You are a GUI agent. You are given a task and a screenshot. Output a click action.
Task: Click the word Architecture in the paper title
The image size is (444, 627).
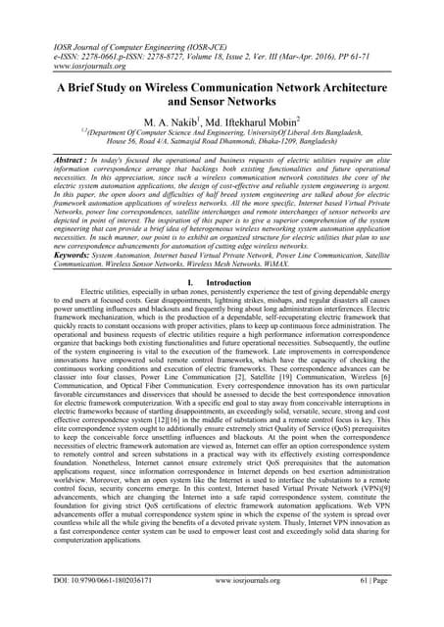[374, 85]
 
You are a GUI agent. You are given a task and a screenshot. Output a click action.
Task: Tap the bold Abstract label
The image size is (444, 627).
[53, 159]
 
